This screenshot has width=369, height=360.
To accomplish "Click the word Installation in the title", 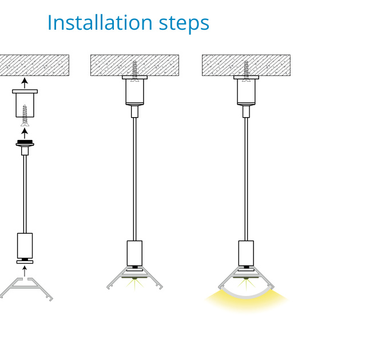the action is click(100, 22).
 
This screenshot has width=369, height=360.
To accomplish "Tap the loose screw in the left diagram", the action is click(25, 115).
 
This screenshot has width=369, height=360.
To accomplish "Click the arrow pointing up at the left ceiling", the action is click(25, 83).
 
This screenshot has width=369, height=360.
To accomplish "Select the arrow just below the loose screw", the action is click(25, 134).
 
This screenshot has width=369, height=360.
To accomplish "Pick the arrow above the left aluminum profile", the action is click(25, 271).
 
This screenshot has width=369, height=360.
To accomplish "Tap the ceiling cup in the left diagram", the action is click(25, 103).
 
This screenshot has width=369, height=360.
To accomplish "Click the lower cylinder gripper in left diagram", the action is click(25, 248).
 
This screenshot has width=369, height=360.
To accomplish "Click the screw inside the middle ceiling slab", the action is click(134, 71).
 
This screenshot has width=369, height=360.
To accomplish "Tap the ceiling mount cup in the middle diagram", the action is click(134, 90).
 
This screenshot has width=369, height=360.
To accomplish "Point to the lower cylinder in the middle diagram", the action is click(134, 253).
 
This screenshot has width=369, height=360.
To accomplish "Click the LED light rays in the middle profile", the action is click(134, 283).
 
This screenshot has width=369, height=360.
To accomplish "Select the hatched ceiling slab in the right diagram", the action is click(246, 65).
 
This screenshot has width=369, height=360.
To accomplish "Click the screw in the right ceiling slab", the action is click(246, 71).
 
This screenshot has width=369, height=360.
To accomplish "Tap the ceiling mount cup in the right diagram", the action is click(246, 90).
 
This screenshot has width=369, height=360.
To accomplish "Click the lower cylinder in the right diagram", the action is click(246, 253).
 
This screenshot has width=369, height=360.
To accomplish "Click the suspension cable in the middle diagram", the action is click(134, 179).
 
